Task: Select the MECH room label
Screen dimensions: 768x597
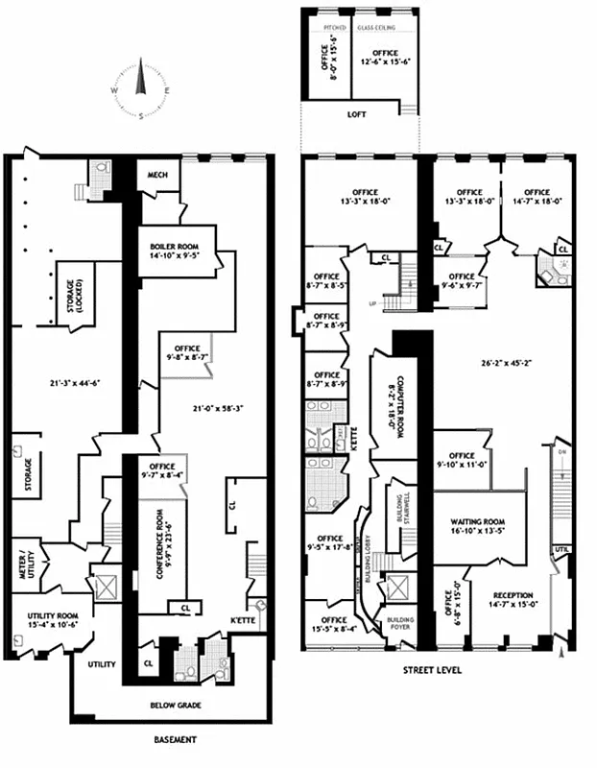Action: click(x=155, y=176)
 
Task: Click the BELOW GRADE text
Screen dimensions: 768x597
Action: click(x=175, y=706)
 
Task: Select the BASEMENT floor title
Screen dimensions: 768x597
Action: click(x=176, y=740)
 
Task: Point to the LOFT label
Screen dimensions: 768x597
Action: click(x=356, y=114)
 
